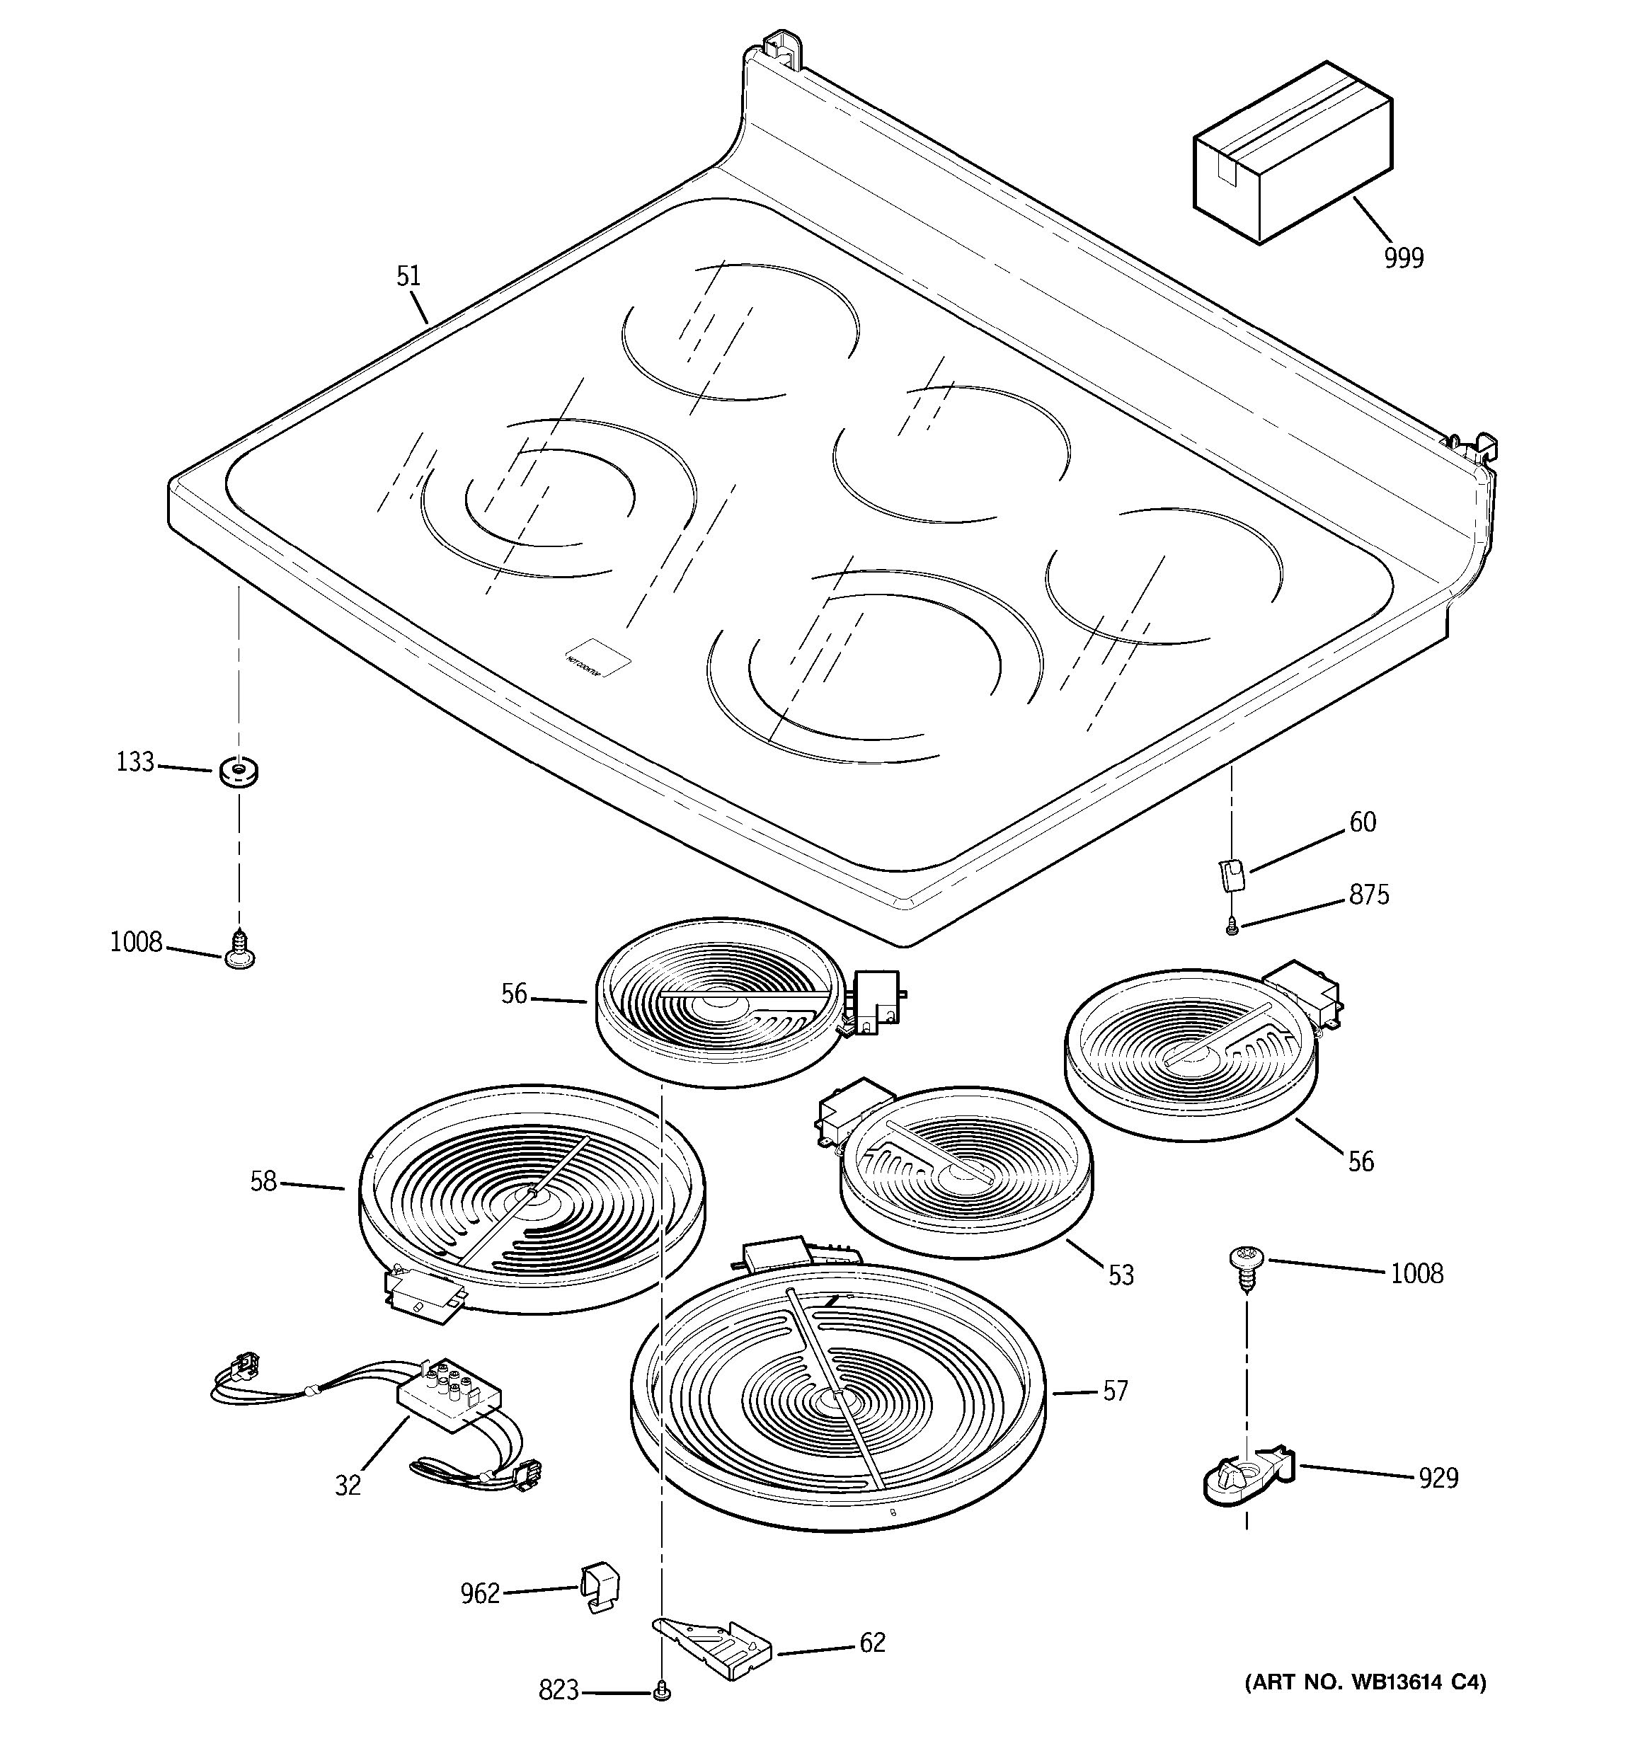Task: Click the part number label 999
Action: pyautogui.click(x=1404, y=258)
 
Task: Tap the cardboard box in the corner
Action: pyautogui.click(x=1291, y=154)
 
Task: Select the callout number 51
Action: pyautogui.click(x=408, y=277)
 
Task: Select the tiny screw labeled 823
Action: pyautogui.click(x=660, y=1689)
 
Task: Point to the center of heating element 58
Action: pyautogui.click(x=532, y=1195)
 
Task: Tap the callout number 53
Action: pyautogui.click(x=1121, y=1275)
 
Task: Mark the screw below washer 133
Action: pyautogui.click(x=238, y=952)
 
